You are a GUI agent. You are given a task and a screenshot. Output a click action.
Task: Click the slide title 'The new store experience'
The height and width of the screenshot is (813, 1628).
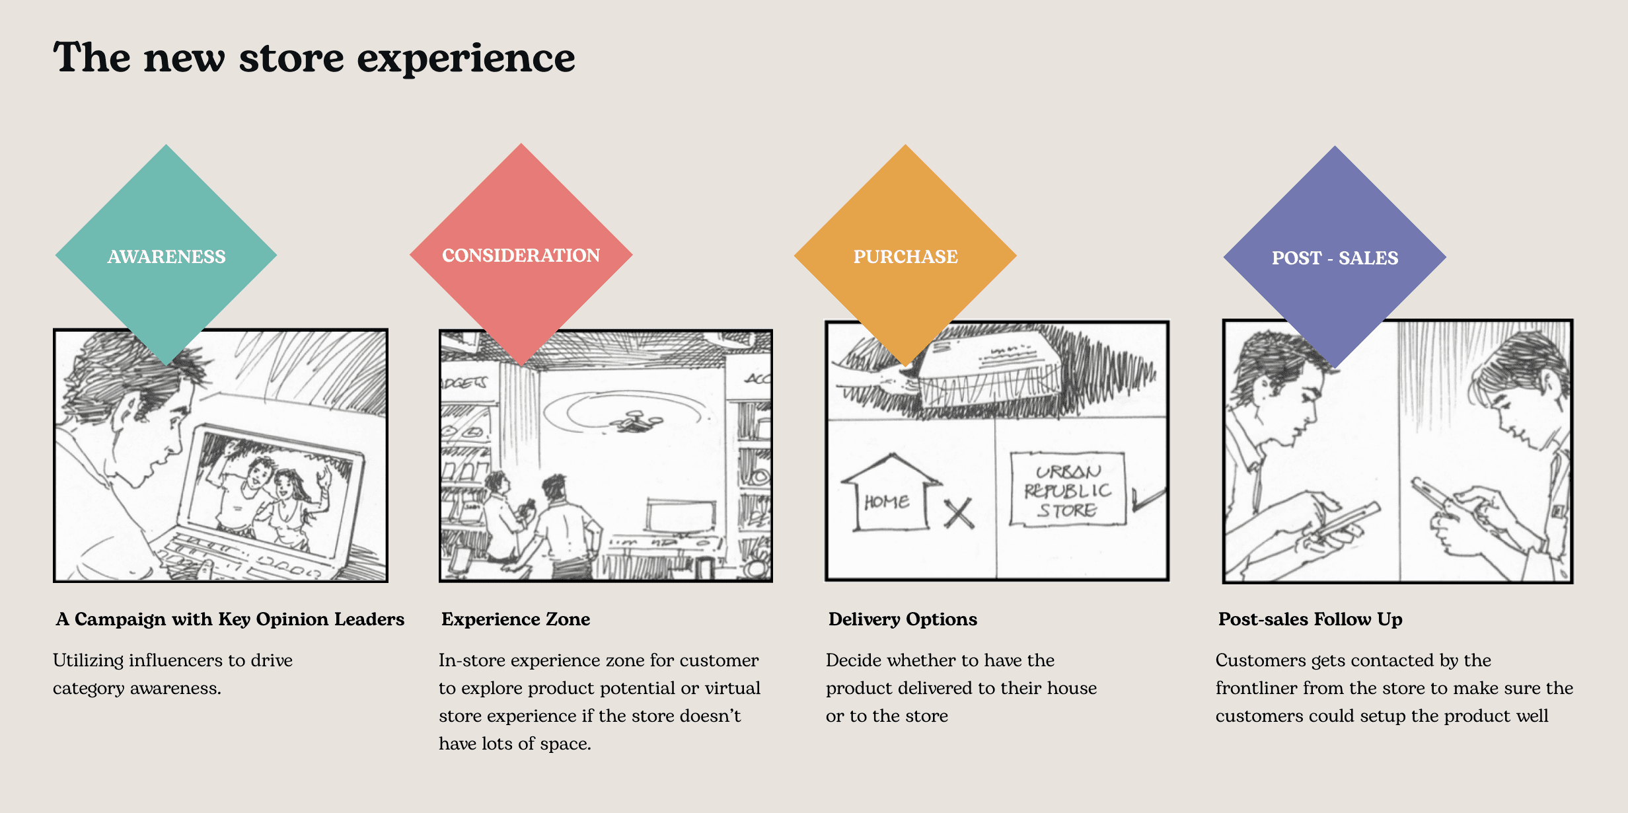(x=314, y=58)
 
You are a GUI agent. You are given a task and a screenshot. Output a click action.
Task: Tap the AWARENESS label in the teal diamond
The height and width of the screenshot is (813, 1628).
(x=166, y=256)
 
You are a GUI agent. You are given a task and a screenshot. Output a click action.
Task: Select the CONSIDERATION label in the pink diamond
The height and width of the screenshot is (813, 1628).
(x=521, y=255)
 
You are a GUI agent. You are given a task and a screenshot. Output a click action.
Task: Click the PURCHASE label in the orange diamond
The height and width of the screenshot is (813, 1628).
(x=905, y=256)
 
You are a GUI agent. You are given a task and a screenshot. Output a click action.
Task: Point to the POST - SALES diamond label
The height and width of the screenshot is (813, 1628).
(x=1335, y=258)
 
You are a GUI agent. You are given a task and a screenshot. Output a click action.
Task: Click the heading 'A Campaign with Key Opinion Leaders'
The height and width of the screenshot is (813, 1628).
(x=230, y=619)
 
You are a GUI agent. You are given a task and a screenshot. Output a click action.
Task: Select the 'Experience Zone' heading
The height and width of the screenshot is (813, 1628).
(x=515, y=619)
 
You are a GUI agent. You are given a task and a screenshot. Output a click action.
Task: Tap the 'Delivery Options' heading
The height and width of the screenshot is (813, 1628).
(x=903, y=619)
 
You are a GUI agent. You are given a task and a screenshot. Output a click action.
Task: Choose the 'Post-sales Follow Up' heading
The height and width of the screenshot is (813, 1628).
(x=1310, y=619)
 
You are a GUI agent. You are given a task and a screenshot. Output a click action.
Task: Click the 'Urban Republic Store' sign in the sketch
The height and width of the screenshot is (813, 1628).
(x=1066, y=490)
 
